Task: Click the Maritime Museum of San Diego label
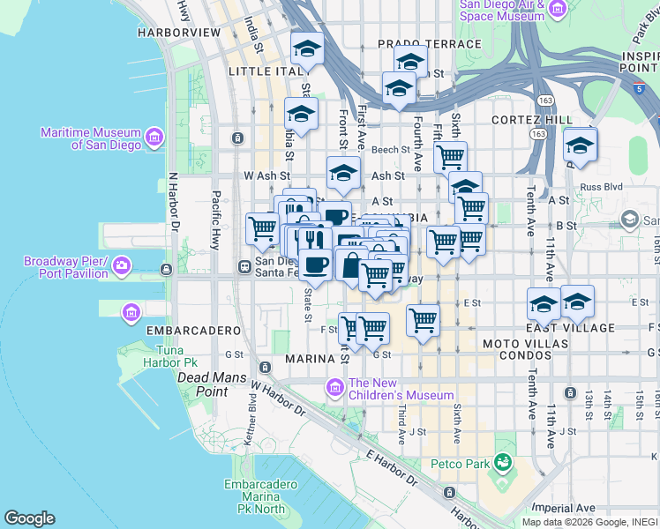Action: [x=92, y=138]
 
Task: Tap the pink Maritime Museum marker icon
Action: [x=154, y=137]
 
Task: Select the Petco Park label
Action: [x=460, y=463]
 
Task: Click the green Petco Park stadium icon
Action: [x=502, y=461]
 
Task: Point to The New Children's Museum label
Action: [x=401, y=389]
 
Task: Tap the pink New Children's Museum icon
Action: [x=334, y=386]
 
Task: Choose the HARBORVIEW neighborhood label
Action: [x=179, y=33]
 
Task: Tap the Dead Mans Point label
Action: [x=203, y=384]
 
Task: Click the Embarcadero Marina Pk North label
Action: [x=254, y=496]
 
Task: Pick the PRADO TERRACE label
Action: [x=430, y=44]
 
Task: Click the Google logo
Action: [x=29, y=518]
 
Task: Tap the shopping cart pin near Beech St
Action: [x=450, y=157]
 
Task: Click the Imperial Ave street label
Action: [x=566, y=508]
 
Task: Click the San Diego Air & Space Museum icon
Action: [x=557, y=9]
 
